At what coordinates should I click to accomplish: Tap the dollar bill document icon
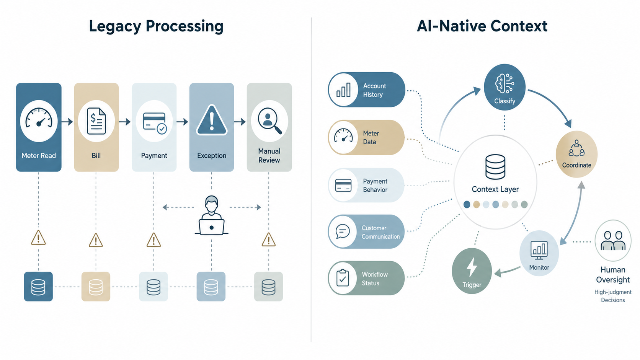point(96,121)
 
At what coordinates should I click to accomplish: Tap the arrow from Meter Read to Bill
point(67,122)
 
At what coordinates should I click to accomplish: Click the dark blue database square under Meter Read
point(38,286)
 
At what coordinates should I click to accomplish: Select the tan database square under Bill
point(96,286)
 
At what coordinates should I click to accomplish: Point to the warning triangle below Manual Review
point(269,239)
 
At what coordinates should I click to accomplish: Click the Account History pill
point(367,90)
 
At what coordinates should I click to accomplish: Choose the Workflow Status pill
point(366,278)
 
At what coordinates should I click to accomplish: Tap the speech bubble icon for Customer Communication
point(343,231)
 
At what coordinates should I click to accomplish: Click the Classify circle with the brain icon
point(504,87)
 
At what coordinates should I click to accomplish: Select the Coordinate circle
point(576,154)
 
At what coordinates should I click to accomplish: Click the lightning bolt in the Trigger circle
point(472,267)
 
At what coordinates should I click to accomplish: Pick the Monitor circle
point(539,253)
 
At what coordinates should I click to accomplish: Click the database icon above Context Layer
point(495,167)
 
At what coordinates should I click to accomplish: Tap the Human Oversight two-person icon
point(613,240)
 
